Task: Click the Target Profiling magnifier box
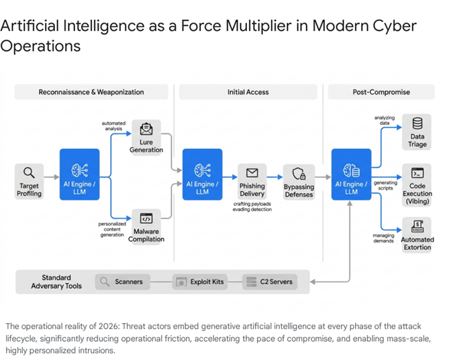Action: point(29,181)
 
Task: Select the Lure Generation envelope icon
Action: point(146,129)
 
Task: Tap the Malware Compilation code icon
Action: point(146,219)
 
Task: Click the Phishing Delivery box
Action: point(252,181)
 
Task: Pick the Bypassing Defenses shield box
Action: point(299,181)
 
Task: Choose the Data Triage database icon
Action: point(417,124)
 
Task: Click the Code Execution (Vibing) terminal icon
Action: point(417,174)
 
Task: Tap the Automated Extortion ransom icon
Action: point(417,226)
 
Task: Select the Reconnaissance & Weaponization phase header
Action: point(91,92)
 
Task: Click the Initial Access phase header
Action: point(248,92)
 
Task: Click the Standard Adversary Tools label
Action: point(56,282)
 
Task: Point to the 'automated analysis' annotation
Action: point(113,127)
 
